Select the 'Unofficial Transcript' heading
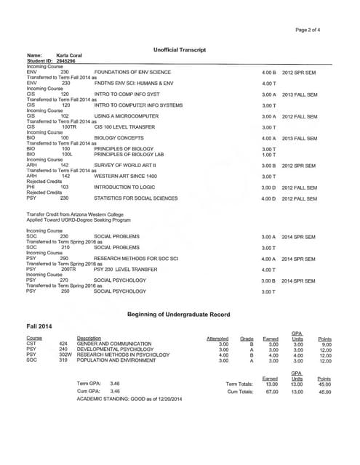pyautogui.click(x=180, y=49)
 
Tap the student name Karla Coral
pyautogui.click(x=68, y=56)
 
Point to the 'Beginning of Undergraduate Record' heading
pyautogui.click(x=179, y=314)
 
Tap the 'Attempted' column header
pyautogui.click(x=217, y=339)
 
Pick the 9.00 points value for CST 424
pyautogui.click(x=325, y=344)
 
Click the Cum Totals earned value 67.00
pyautogui.click(x=270, y=391)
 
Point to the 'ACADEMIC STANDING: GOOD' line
pyautogui.click(x=129, y=399)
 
